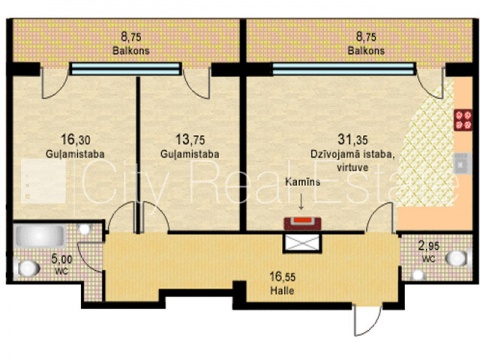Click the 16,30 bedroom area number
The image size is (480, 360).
[75, 139]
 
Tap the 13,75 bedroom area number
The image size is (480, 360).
[190, 139]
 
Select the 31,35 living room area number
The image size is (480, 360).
[353, 139]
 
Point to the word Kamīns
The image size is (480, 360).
[303, 182]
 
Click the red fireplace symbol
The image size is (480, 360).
[302, 223]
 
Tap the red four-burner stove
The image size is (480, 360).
[463, 120]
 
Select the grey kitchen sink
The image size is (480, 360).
[463, 164]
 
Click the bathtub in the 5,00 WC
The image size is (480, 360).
[40, 236]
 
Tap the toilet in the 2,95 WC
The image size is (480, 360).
[456, 258]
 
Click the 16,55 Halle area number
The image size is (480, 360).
[282, 276]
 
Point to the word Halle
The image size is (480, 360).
[282, 291]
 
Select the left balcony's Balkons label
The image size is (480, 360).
[131, 51]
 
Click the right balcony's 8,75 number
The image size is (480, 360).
[366, 36]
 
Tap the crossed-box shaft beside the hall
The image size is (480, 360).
[303, 242]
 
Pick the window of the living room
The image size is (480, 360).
[344, 69]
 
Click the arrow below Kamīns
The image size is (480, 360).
[301, 202]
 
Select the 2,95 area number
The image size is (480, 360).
[429, 246]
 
